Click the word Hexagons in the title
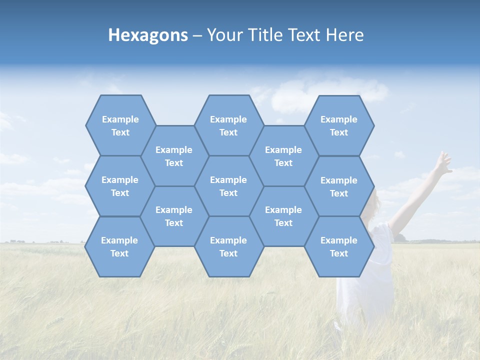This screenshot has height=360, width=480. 148,35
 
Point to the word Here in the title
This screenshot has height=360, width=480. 344,35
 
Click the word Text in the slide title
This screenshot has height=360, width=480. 305,35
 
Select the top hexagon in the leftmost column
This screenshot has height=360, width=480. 120,125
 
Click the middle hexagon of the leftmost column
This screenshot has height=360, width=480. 120,186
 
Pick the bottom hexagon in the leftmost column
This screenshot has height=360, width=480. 119,246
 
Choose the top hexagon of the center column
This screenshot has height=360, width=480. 228,125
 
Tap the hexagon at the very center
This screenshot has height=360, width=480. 228,186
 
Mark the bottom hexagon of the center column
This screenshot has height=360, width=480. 228,246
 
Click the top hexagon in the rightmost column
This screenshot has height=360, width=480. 339,125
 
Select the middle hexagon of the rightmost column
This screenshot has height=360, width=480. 339,186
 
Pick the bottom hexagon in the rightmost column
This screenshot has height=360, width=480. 339,246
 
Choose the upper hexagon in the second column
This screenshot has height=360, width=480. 174,156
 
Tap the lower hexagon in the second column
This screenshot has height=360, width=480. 174,216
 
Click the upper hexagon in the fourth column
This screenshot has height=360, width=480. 283,156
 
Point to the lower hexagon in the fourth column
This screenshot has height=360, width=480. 283,216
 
